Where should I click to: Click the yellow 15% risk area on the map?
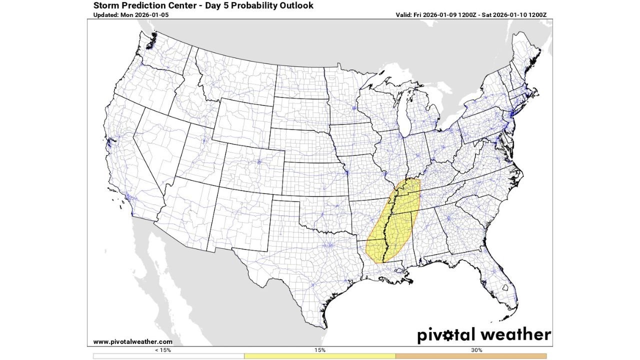[x=397, y=220]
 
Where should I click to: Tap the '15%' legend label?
[x=320, y=350]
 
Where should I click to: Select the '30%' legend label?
[x=471, y=350]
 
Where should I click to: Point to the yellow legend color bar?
[x=320, y=355]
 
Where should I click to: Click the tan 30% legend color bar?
[x=471, y=355]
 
